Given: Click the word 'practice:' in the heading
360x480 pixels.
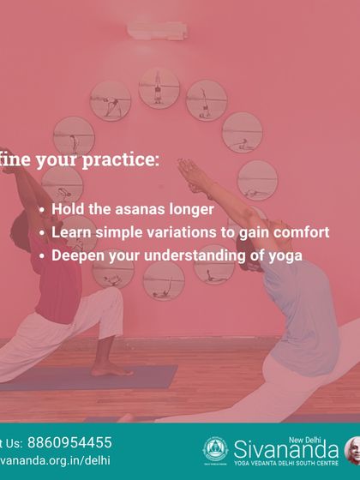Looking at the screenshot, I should (123, 159).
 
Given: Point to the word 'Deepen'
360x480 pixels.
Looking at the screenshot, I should (77, 255).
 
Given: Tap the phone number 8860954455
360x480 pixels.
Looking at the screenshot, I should (69, 442).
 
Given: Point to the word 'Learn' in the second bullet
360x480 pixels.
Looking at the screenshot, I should (71, 232).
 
